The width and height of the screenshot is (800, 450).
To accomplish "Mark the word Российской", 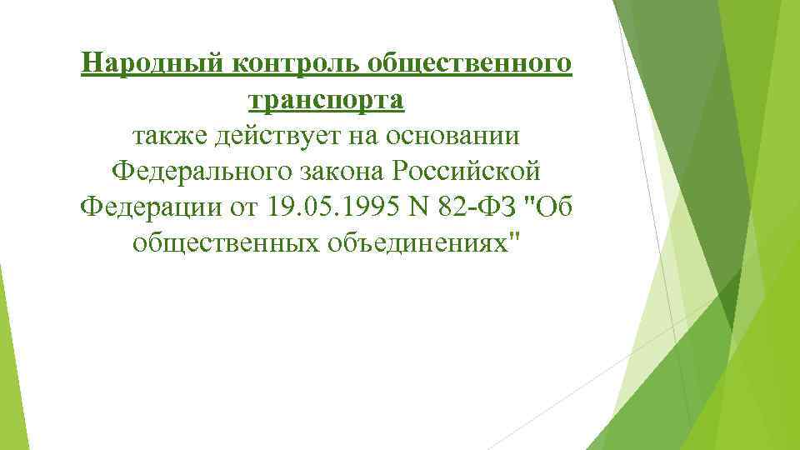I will click(468, 171).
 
